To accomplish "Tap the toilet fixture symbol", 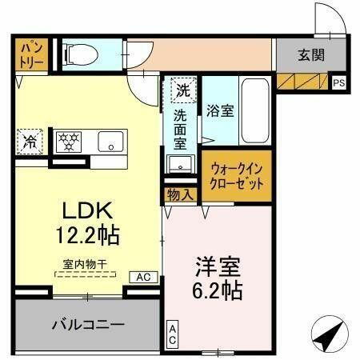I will coord(80,54).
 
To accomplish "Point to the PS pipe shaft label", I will coord(338,82).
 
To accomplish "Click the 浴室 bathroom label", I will coord(220,110).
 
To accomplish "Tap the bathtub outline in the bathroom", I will coord(254,112).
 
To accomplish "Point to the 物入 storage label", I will coord(179,194).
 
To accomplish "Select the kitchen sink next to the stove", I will coord(109,142).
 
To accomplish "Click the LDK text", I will coord(89,211).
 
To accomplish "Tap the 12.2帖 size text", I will coord(89,236).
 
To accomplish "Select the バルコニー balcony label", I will coord(88,325).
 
